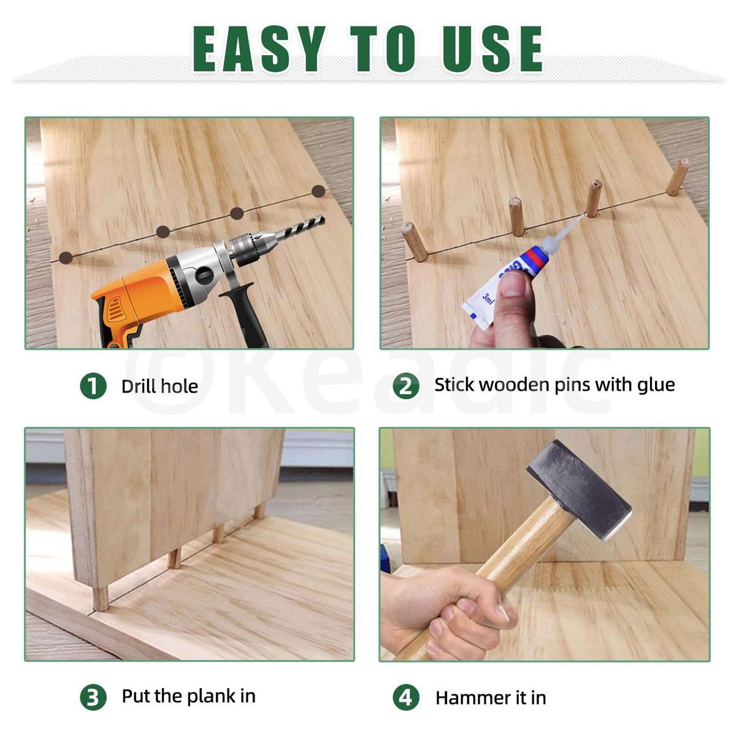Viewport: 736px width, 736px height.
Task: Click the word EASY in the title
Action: pos(258,49)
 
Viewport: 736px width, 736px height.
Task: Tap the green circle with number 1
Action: pos(93,386)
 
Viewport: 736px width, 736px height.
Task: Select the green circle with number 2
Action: pos(406,386)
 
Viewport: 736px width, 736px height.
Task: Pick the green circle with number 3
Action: pos(93,697)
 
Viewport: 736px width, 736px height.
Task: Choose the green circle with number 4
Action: pos(406,697)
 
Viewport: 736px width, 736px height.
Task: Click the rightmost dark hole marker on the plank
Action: pos(318,191)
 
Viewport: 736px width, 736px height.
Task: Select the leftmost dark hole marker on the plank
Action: pos(66,257)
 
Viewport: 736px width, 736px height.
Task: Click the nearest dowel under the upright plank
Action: pos(101,598)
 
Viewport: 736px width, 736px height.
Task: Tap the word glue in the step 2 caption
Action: pos(656,385)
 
